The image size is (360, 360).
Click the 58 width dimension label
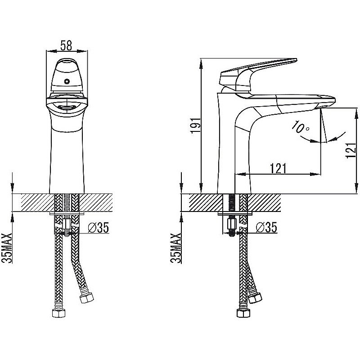66,45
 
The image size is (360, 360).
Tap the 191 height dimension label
195,126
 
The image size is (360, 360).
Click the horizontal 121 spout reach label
278,168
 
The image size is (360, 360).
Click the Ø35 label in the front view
98,228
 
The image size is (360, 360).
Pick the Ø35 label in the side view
266,228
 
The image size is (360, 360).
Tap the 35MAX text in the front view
7,248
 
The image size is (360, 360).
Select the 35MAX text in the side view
176,248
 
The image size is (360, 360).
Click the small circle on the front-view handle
67,81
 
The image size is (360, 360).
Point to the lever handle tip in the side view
297,60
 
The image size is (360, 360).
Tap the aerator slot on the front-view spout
66,107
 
